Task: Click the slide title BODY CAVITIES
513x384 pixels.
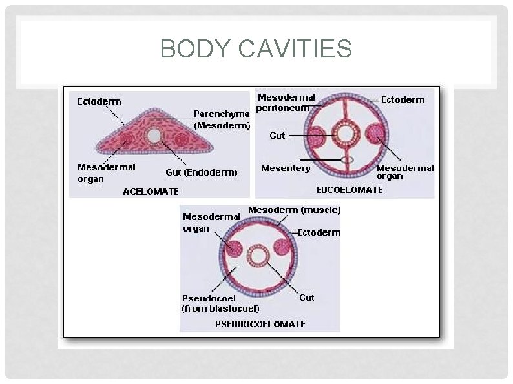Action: click(x=256, y=49)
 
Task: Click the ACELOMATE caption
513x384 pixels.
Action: click(x=151, y=191)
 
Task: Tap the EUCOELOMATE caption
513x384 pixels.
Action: click(x=349, y=190)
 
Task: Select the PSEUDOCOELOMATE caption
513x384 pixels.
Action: click(x=260, y=323)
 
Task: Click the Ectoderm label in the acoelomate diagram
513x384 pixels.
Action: click(x=99, y=101)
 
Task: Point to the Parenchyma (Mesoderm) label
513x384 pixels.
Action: click(x=222, y=120)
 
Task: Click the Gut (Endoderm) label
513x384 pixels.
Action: click(x=202, y=172)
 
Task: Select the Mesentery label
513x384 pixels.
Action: click(x=286, y=168)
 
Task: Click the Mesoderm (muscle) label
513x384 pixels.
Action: click(x=294, y=210)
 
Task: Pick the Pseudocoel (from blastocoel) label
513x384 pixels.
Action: click(x=220, y=303)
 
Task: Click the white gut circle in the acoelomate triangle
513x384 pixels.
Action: click(x=154, y=136)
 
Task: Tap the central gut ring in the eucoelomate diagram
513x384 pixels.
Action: click(x=345, y=135)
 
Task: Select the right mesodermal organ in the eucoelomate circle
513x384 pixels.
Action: click(x=375, y=135)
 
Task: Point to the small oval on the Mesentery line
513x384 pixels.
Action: click(x=348, y=159)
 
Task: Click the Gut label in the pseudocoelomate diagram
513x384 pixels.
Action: click(x=307, y=298)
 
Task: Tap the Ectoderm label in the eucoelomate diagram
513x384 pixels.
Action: click(x=403, y=99)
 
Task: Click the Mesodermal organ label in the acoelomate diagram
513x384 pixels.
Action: click(x=107, y=173)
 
